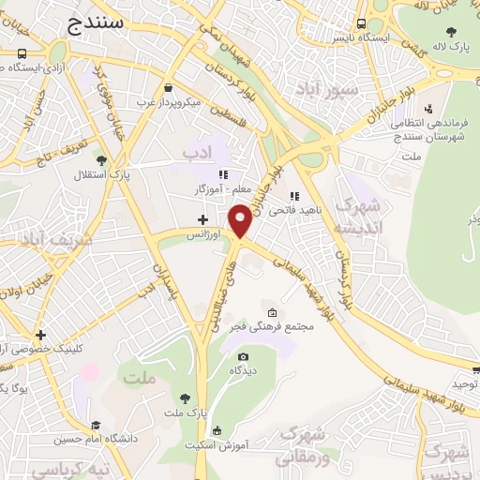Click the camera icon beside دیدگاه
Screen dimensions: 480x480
coord(244,356)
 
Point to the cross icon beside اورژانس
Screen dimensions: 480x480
coord(202,219)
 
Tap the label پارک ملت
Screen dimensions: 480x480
coord(184,412)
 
